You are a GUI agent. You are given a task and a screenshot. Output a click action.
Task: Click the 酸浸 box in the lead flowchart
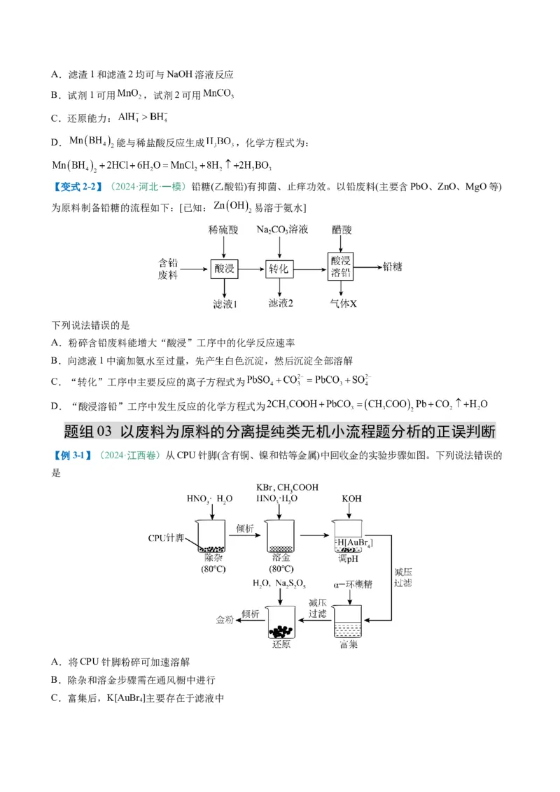(224, 269)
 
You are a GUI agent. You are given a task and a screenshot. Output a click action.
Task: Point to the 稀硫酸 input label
(223, 229)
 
